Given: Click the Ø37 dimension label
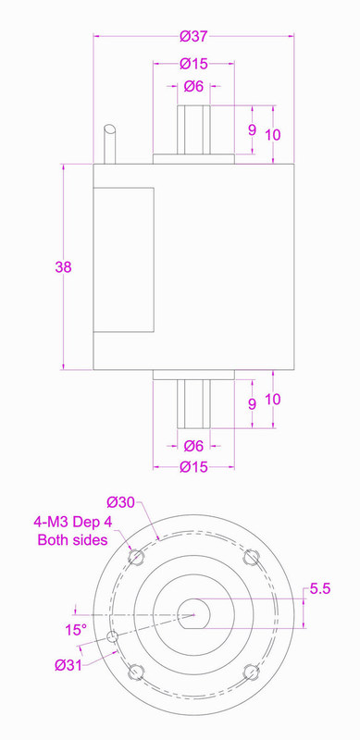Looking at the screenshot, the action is coord(193,36).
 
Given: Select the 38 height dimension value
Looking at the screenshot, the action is coord(63,267).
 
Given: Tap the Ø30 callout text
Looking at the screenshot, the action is coord(121,501).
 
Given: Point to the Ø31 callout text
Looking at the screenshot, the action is coord(68,665).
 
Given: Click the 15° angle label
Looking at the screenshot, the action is coord(76,630).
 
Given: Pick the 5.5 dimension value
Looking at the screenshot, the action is coord(320,588).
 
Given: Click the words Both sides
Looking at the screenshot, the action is coord(73,539).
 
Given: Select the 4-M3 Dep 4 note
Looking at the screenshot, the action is coord(76,522).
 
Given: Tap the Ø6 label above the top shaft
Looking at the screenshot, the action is coord(193,86).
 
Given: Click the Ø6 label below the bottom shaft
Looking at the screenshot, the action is coord(193,445).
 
